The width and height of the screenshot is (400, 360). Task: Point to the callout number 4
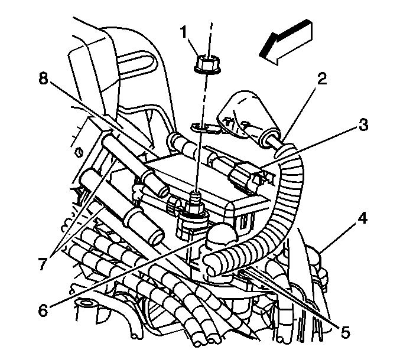click(x=362, y=219)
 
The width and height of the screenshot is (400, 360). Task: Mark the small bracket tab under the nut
click(x=201, y=127)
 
